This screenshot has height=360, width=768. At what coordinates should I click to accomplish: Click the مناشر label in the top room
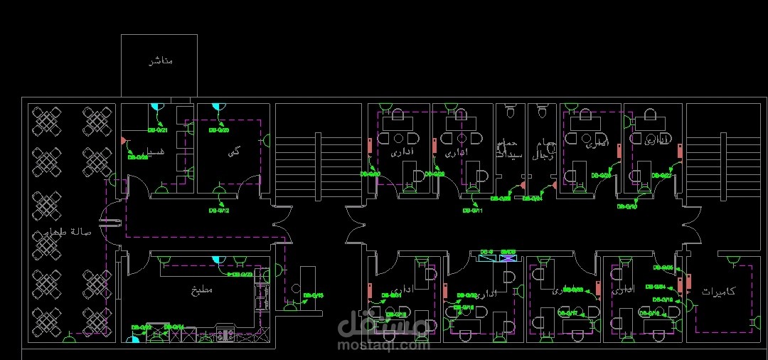click(x=160, y=61)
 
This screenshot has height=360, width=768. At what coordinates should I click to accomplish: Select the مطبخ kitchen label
click(x=202, y=290)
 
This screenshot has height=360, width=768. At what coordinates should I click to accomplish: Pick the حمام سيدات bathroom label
click(x=509, y=148)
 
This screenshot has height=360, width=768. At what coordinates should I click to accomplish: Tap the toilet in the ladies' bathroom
click(x=510, y=112)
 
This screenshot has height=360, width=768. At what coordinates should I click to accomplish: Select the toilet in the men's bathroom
click(x=542, y=112)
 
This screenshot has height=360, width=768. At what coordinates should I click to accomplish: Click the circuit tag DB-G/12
click(x=218, y=211)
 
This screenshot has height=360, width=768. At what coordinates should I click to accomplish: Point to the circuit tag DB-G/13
click(x=314, y=295)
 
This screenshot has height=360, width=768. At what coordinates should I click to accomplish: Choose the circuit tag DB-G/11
click(x=473, y=211)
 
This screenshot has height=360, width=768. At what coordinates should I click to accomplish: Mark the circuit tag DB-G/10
click(x=626, y=206)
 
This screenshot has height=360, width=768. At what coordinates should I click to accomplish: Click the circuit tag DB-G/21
click(x=157, y=130)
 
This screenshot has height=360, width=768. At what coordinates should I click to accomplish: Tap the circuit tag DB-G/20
click(x=218, y=131)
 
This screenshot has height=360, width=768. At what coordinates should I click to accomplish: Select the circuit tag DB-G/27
click(x=662, y=175)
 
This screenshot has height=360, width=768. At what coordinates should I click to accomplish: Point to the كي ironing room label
click(x=234, y=152)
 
